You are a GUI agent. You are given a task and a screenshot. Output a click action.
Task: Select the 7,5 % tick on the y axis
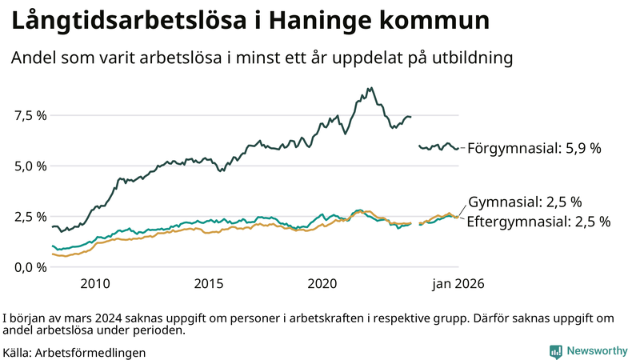tap(30, 115)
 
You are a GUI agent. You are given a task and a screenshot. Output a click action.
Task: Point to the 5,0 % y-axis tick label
tap(30, 166)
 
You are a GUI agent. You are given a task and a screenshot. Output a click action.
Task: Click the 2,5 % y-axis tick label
tap(30, 216)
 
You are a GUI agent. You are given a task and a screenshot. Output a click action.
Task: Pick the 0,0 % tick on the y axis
tap(30, 266)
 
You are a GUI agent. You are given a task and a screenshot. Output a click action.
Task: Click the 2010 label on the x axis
tap(95, 283)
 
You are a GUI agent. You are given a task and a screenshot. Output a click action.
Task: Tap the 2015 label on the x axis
tap(209, 283)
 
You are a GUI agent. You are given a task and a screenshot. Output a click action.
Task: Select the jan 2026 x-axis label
tap(458, 283)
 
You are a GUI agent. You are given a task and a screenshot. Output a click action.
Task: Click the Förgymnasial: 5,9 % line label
tap(534, 148)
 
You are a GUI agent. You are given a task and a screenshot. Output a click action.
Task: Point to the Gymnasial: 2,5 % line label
tap(524, 202)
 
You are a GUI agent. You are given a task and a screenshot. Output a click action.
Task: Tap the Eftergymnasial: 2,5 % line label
tap(538, 222)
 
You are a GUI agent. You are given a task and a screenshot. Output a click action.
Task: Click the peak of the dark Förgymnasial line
tap(370, 88)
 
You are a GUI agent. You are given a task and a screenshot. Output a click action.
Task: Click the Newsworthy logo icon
tap(555, 351)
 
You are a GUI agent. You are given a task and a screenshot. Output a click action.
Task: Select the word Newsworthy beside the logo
tap(597, 351)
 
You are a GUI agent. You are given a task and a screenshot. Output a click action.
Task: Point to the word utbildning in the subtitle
tap(468, 58)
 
